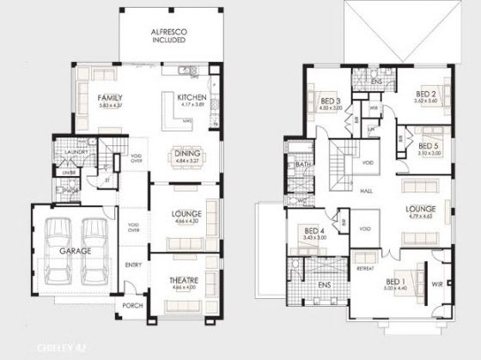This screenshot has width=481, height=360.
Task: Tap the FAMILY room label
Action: (108, 98)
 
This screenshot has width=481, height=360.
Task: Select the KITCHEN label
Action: (191, 98)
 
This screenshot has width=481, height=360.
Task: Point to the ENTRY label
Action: (133, 265)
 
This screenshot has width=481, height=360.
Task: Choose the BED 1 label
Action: (395, 281)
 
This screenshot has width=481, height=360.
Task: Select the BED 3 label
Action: (331, 101)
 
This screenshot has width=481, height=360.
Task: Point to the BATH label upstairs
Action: (302, 163)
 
